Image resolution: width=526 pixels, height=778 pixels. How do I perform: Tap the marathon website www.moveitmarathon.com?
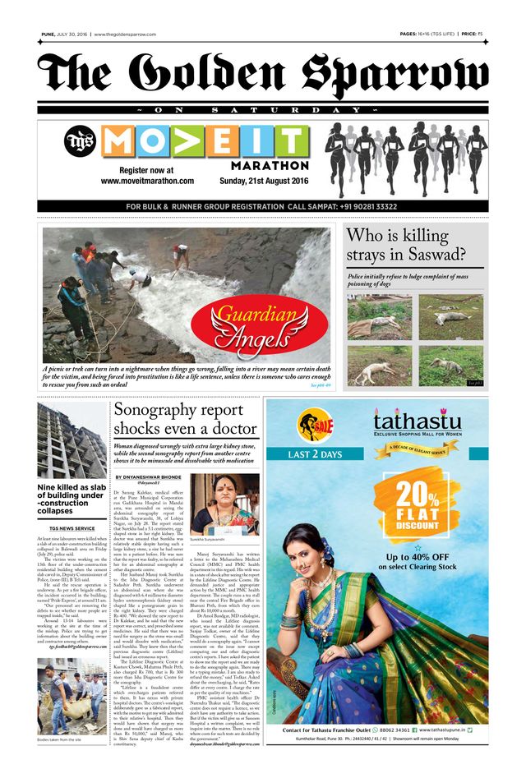click(147, 180)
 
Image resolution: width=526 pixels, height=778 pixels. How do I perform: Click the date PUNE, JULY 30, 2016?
click(65, 35)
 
